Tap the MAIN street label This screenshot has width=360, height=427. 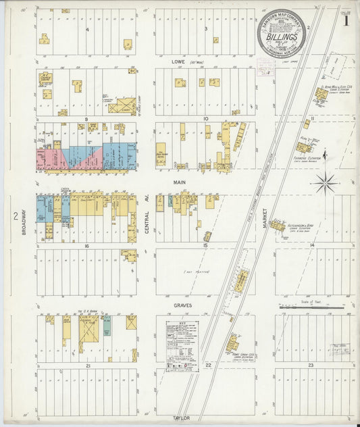pyautogui.click(x=180, y=182)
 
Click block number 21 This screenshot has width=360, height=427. pyautogui.click(x=88, y=365)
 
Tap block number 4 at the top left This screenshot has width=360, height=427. pyautogui.click(x=88, y=30)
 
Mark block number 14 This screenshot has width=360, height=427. pyautogui.click(x=311, y=245)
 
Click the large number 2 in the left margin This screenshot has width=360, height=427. pyautogui.click(x=14, y=216)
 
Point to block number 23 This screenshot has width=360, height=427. pyautogui.click(x=311, y=365)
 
